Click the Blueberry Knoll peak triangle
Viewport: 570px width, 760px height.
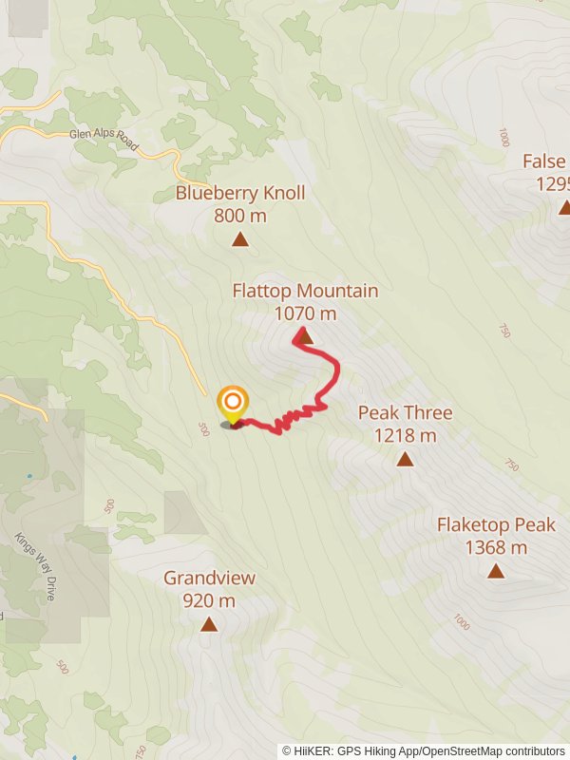click(x=240, y=239)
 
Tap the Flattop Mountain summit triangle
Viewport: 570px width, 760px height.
click(x=305, y=335)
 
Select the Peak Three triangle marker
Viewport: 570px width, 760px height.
click(x=405, y=460)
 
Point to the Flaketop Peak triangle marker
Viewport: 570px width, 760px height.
click(x=496, y=571)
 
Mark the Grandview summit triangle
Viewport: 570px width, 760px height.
click(x=208, y=624)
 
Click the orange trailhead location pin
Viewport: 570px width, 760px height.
click(x=232, y=404)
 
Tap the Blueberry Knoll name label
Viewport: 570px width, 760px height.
click(x=240, y=193)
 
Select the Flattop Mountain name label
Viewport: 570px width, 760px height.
click(x=305, y=291)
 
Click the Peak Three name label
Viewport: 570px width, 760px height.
click(x=405, y=412)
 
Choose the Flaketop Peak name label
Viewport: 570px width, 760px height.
click(x=496, y=524)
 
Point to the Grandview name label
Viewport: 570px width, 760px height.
click(x=209, y=578)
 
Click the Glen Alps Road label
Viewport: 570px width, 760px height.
click(x=104, y=141)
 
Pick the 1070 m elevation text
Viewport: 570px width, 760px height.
click(x=305, y=313)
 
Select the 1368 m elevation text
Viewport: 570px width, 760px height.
click(x=496, y=547)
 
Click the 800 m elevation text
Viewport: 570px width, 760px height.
click(x=240, y=216)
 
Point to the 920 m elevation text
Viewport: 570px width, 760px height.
click(x=209, y=600)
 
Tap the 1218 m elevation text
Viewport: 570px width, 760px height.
click(x=405, y=436)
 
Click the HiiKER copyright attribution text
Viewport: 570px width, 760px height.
click(x=424, y=750)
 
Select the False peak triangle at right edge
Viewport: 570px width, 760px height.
click(x=564, y=208)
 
